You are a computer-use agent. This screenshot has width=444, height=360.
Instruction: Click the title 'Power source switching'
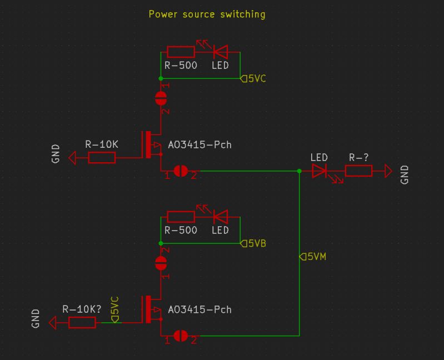[x=207, y=14]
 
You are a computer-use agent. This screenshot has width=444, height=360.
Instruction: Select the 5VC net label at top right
[x=253, y=79]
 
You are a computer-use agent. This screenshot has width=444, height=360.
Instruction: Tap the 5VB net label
[x=253, y=243]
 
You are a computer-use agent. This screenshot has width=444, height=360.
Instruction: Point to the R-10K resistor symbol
[x=102, y=158]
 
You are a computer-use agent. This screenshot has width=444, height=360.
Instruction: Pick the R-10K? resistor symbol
[x=82, y=322]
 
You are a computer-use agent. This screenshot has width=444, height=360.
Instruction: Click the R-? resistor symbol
[x=358, y=171]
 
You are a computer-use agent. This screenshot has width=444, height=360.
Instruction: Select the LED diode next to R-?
[x=320, y=171]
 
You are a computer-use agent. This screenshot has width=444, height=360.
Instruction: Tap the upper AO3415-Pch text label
[x=199, y=145]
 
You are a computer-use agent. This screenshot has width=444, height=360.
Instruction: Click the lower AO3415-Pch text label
[x=199, y=309]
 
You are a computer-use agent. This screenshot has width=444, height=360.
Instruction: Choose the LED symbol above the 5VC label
[x=220, y=52]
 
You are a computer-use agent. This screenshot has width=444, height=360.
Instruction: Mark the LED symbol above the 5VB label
[x=220, y=217]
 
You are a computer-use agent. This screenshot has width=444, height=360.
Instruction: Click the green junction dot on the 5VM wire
[x=299, y=171]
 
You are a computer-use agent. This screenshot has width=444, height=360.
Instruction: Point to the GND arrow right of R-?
[x=388, y=171]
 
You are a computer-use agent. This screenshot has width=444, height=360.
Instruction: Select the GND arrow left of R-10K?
[x=53, y=322]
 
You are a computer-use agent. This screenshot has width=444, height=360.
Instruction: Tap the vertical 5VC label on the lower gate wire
[x=115, y=309]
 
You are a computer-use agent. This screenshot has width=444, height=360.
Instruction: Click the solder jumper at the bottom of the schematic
[x=180, y=336]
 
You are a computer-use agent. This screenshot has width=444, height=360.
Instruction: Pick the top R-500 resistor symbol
[x=181, y=52]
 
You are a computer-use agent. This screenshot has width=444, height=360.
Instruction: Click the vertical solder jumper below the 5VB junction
[x=161, y=262]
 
